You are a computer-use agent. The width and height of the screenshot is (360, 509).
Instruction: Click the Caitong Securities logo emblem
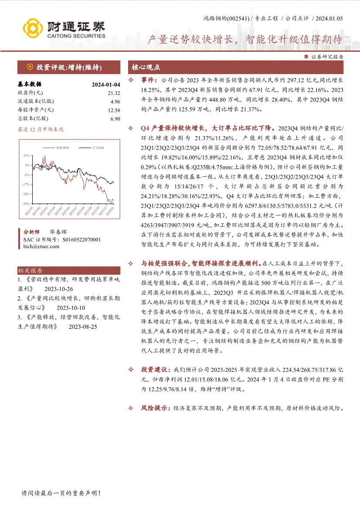(32, 28)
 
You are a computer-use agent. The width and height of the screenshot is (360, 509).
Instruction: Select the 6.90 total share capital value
(115, 118)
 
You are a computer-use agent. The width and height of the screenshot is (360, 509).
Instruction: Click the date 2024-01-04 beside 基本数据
(106, 84)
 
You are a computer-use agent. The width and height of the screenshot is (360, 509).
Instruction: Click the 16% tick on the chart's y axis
(27, 155)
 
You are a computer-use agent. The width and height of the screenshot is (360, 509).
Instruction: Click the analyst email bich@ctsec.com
(41, 246)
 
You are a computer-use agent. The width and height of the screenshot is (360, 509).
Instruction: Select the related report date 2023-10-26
(59, 289)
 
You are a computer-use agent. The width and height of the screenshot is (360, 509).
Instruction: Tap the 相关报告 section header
(30, 269)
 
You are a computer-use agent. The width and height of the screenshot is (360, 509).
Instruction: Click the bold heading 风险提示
(155, 408)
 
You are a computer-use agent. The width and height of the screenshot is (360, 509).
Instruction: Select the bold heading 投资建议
(155, 369)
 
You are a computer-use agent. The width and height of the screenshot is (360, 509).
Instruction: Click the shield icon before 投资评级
(30, 67)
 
